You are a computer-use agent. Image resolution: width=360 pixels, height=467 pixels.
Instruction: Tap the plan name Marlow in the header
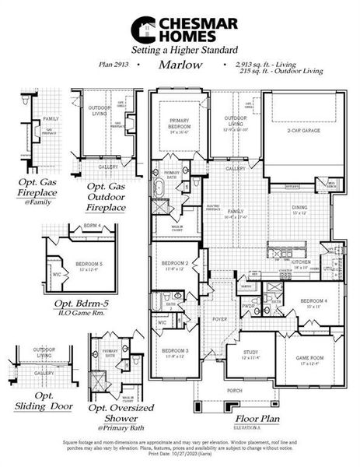180,66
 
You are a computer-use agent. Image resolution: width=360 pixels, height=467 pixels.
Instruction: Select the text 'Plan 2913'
114,67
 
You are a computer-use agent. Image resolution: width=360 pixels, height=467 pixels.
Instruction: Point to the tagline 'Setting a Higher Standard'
179,49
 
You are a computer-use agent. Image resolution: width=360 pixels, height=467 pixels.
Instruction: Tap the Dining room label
299,208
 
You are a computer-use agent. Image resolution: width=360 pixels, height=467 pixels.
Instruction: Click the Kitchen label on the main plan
302,263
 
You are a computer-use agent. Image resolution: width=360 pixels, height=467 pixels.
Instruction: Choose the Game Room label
309,359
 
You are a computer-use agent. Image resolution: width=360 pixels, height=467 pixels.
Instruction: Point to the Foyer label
220,318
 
